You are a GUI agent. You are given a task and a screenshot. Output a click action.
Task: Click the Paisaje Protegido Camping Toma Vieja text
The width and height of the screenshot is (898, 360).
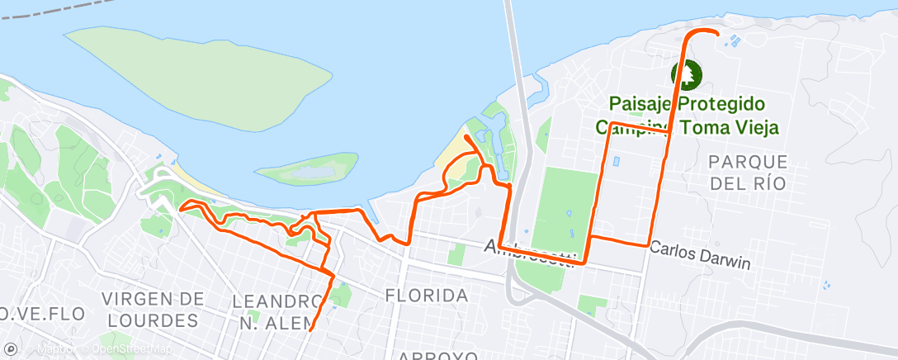pos(688,116)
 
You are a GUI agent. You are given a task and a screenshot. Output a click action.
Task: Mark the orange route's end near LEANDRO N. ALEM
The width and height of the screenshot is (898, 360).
pos(310,329)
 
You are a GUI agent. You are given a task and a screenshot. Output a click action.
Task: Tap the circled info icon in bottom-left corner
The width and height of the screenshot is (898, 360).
pos(10,350)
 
